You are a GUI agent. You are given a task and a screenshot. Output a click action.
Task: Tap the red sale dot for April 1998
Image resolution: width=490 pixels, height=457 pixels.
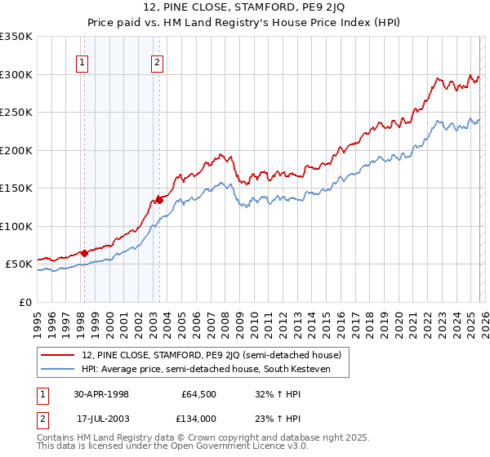[84, 253]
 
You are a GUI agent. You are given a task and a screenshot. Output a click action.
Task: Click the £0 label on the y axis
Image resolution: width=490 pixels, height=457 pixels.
[24, 302]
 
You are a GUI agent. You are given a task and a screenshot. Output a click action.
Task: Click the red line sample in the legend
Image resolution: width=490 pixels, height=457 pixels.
[59, 355]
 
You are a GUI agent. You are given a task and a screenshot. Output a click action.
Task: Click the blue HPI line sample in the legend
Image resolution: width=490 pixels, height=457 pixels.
[59, 369]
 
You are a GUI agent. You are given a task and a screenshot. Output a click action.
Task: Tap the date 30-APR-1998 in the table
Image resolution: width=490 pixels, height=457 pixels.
[101, 394]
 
